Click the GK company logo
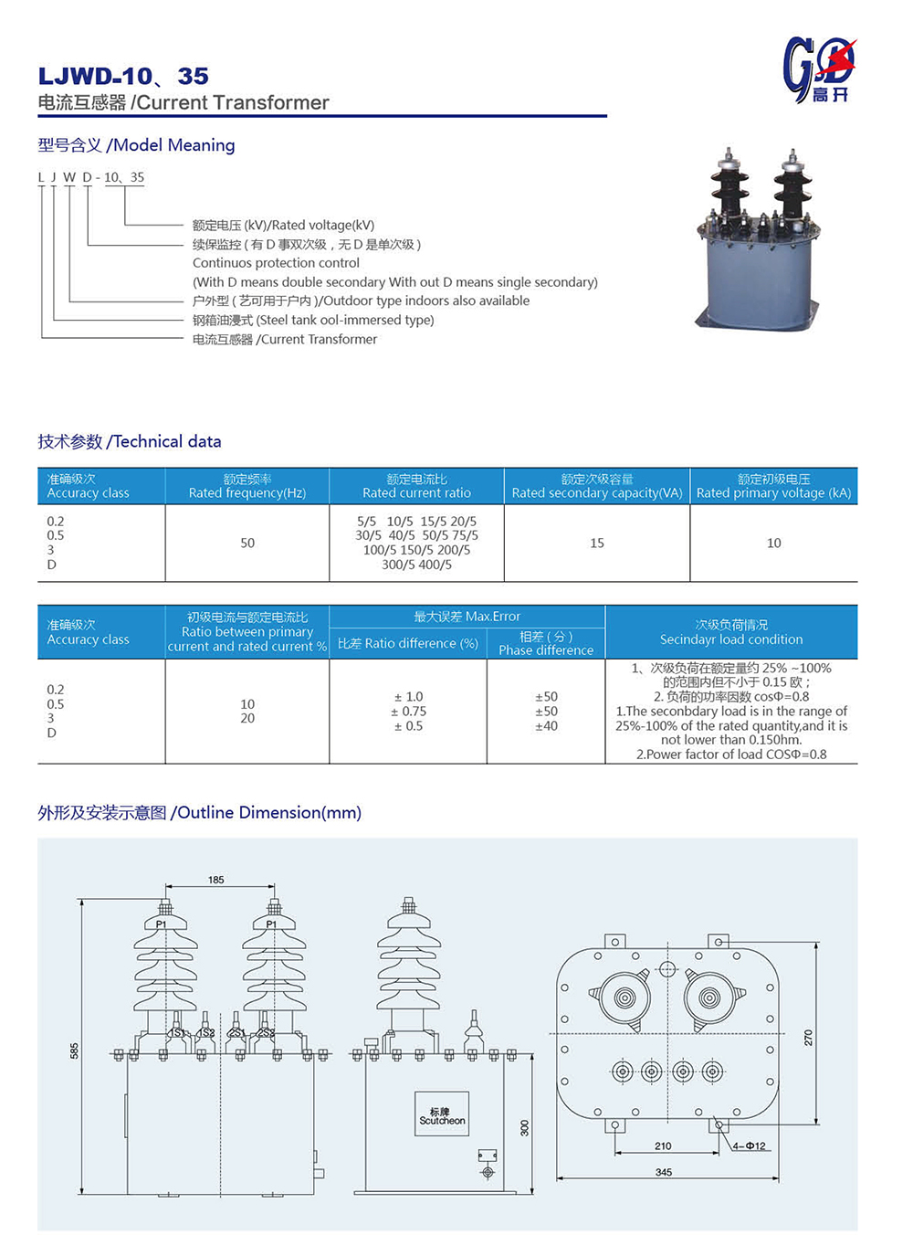[x=819, y=70]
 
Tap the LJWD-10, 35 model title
[x=123, y=76]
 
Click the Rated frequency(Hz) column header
[x=247, y=486]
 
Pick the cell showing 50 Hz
[x=247, y=543]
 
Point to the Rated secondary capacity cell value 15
[x=597, y=543]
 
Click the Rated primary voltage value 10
[x=773, y=543]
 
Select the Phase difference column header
[x=546, y=644]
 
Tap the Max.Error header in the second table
[x=467, y=617]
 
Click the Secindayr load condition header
[x=731, y=632]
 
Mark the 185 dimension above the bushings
[x=216, y=880]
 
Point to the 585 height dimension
[x=75, y=1050]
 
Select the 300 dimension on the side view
[x=525, y=1128]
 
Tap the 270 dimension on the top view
[x=808, y=1038]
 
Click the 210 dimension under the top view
[x=663, y=1145]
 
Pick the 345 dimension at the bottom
[x=664, y=1172]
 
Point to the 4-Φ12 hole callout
[x=750, y=1145]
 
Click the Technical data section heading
[x=130, y=442]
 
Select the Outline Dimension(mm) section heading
[x=200, y=813]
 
